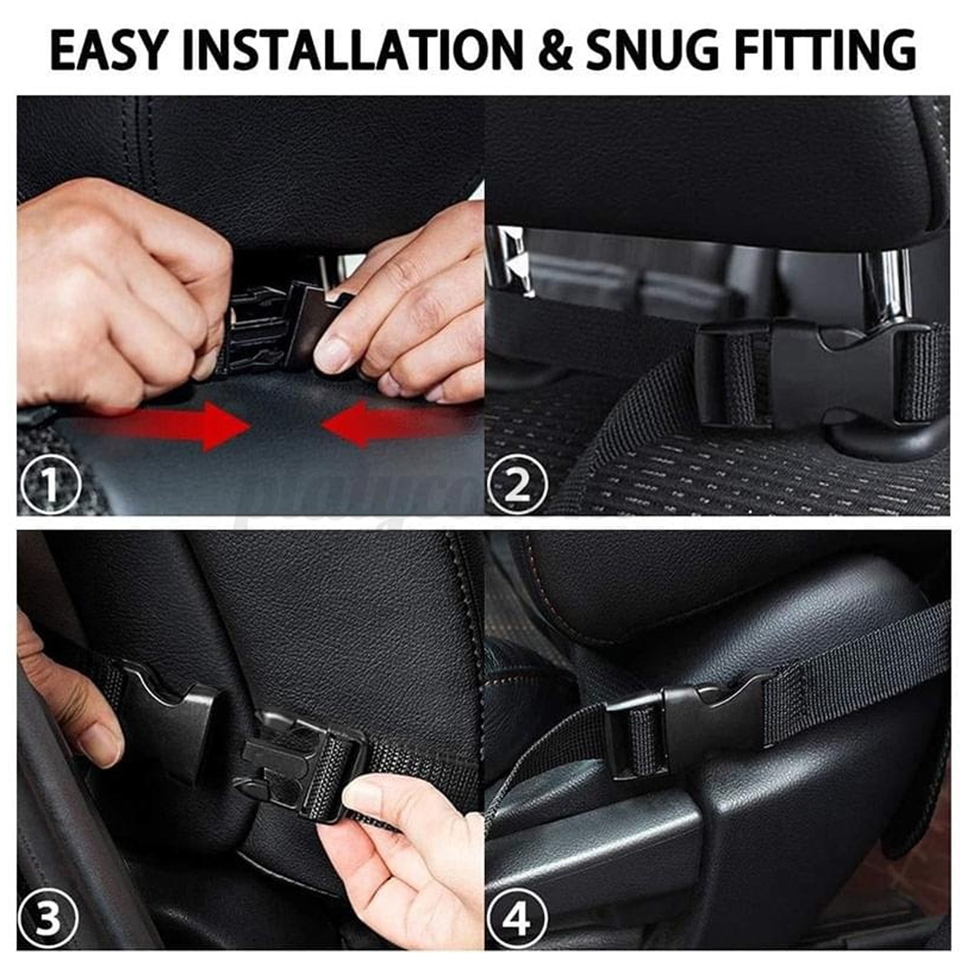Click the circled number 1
click(x=50, y=485)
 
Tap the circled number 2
click(x=517, y=485)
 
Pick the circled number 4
click(x=517, y=919)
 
